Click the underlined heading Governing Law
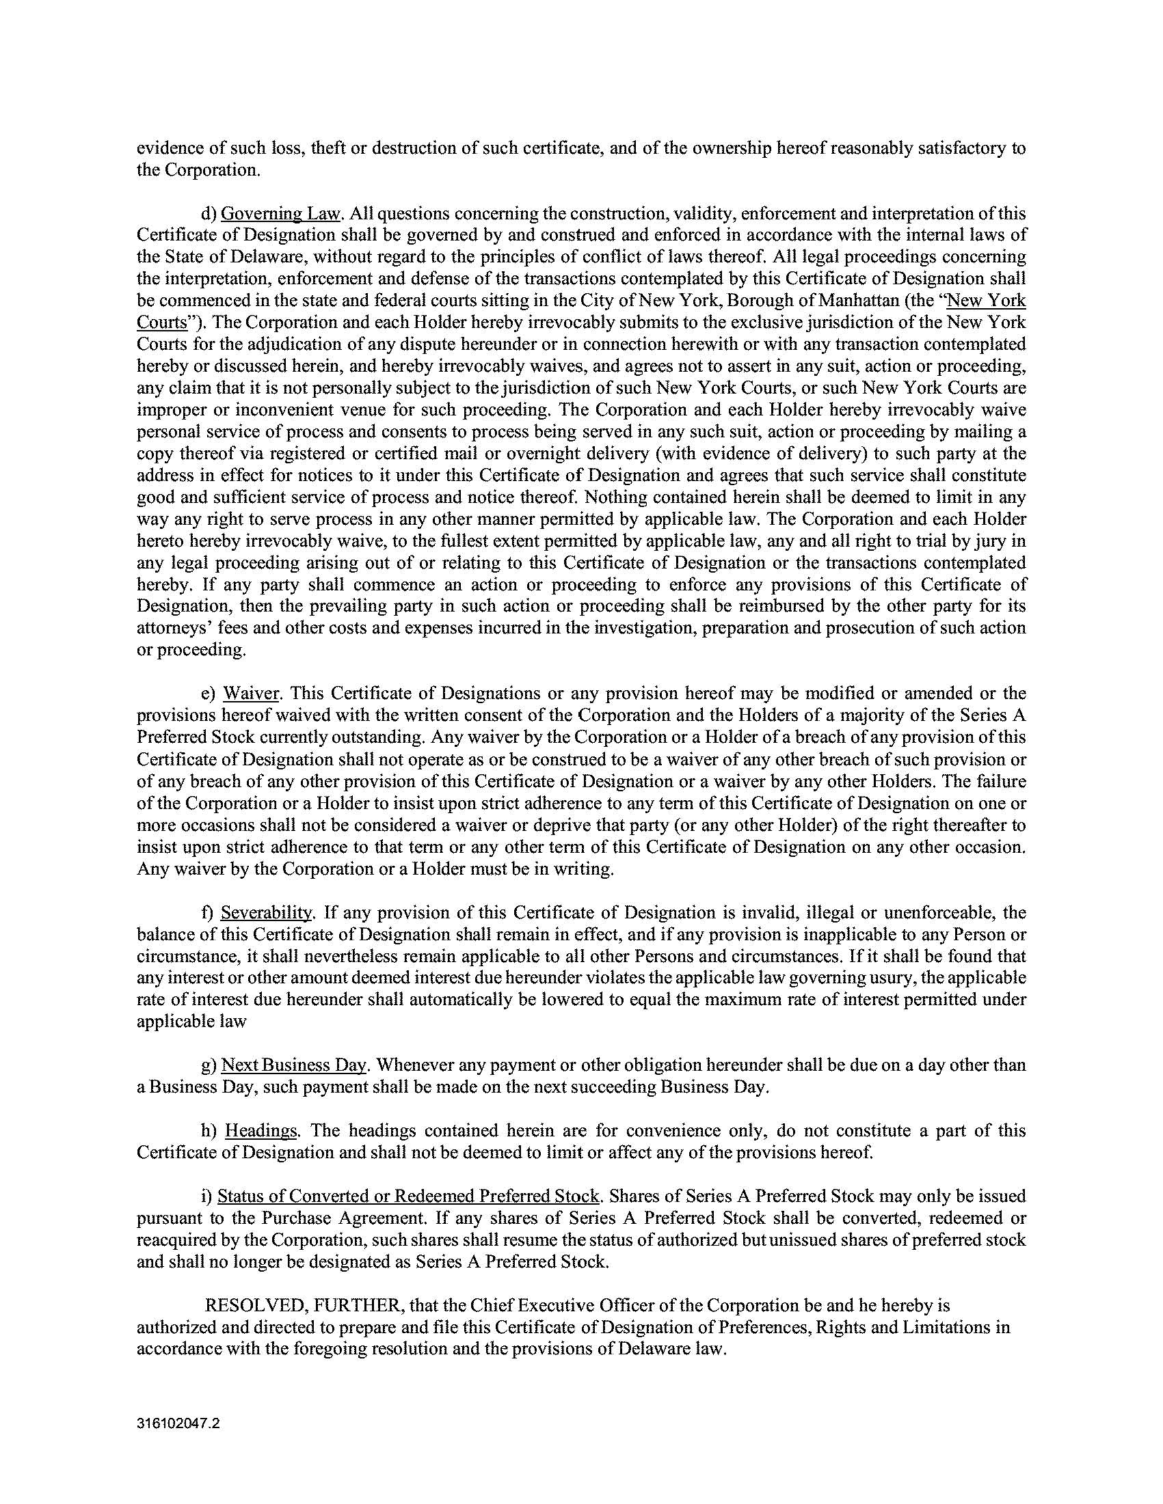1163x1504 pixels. [x=280, y=213]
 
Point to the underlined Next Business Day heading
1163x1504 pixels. [x=293, y=1065]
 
